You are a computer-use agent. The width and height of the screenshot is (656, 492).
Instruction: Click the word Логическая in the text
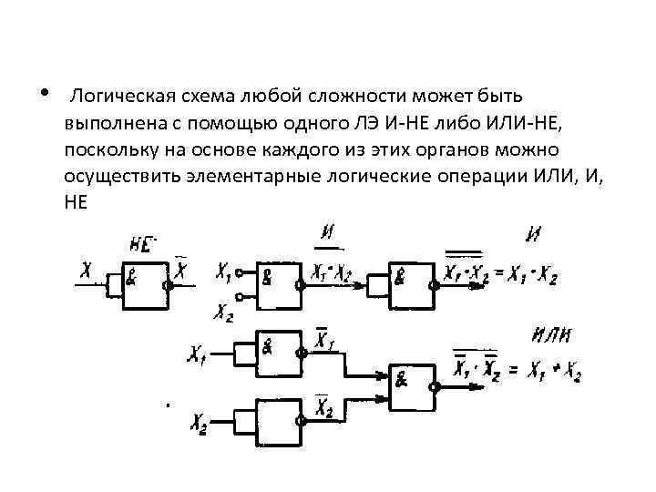coord(117,96)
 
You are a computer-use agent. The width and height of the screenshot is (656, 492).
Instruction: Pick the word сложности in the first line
coord(347,96)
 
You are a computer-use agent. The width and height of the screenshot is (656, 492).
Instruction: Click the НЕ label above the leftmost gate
coord(142,243)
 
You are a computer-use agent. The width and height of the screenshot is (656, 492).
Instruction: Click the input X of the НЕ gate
coord(86,270)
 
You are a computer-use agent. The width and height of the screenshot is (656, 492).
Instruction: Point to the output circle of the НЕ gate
coord(169,283)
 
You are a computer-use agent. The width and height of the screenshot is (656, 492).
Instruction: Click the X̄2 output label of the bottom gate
coord(324,409)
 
